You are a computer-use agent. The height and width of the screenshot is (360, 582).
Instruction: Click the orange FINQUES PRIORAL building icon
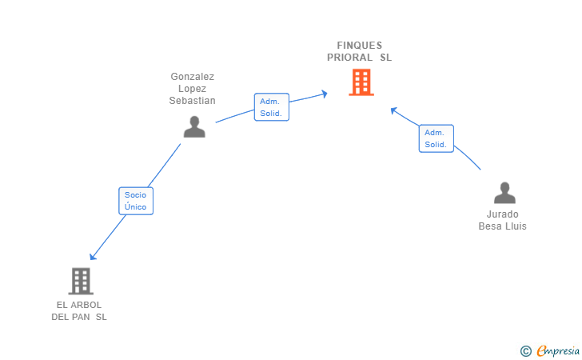coord(361,82)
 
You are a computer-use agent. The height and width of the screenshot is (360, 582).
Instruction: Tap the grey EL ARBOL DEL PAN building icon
coord(81,281)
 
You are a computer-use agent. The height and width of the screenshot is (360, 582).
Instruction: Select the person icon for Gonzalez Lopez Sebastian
coord(194,126)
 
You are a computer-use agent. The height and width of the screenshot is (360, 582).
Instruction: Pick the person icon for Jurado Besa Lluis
coord(504,193)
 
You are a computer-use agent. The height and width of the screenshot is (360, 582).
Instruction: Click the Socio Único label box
coord(136,201)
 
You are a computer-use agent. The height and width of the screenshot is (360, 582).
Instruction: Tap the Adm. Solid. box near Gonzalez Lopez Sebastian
coord(272,107)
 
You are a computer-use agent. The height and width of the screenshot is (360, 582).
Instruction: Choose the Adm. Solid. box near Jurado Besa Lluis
coord(436,138)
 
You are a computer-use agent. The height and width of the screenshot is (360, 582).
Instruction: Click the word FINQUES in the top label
coord(360,46)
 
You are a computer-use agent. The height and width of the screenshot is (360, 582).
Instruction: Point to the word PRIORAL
coord(350,58)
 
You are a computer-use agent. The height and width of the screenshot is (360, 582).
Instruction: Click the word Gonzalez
coord(193,77)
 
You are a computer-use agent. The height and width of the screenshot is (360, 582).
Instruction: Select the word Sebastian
coord(193,101)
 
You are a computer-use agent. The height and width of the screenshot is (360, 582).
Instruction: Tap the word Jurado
coord(503,214)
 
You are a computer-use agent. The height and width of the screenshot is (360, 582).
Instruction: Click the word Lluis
coord(515,226)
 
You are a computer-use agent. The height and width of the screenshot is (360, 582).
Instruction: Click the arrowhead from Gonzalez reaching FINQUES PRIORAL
coord(324,94)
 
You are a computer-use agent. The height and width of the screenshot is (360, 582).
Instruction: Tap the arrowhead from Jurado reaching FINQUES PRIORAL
coord(393,110)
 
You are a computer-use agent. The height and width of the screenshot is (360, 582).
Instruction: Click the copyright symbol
coord(525,350)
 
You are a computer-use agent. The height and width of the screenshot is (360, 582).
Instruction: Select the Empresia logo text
coord(559,350)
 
